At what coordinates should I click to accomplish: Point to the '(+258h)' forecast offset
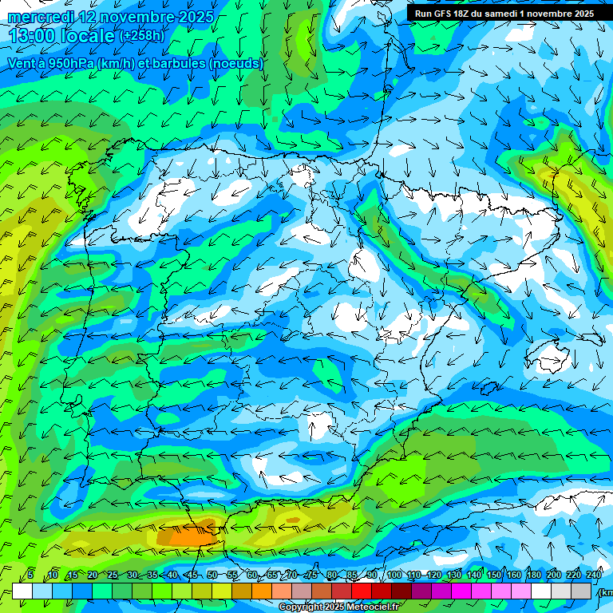click(x=141, y=36)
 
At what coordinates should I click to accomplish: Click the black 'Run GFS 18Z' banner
click(x=504, y=14)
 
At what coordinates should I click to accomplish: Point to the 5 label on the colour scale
click(x=30, y=575)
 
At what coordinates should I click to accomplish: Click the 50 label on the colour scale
click(x=212, y=575)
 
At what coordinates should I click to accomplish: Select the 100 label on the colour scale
click(x=394, y=575)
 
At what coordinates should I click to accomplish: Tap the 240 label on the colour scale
click(x=594, y=575)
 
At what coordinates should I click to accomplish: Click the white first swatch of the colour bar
click(x=22, y=591)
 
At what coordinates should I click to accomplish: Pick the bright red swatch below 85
click(x=362, y=591)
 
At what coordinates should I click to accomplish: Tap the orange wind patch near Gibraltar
click(x=187, y=536)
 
